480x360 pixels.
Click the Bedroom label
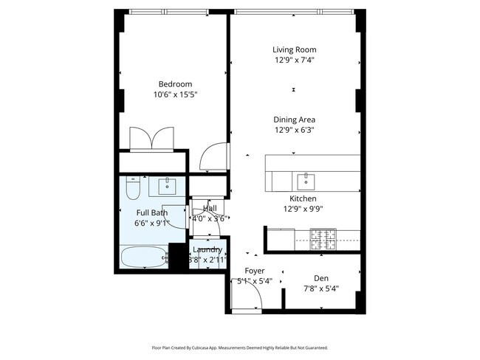(x=176, y=83)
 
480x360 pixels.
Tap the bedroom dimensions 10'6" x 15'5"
(x=176, y=94)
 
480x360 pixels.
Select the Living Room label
(x=294, y=49)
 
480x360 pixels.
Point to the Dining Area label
(x=295, y=120)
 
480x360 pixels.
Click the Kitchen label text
(x=303, y=199)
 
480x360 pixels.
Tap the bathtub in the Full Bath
(x=145, y=258)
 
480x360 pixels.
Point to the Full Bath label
(x=151, y=212)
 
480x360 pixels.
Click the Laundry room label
(x=207, y=250)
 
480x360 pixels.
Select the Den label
(x=320, y=278)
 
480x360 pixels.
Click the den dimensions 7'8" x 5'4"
(x=320, y=289)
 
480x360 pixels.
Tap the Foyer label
(x=254, y=271)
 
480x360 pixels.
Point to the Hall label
(x=210, y=209)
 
